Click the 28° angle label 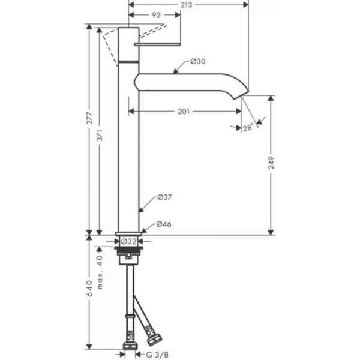click(247, 127)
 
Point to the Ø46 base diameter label click(164, 224)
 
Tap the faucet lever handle click(157, 44)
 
